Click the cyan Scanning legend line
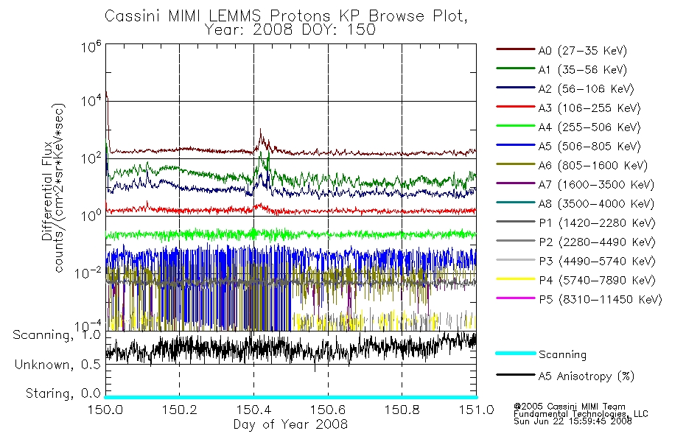coord(516,353)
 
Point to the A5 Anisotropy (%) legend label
coord(587,376)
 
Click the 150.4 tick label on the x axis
coord(254,410)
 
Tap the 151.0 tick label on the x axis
coord(476,410)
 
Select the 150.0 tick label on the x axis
coord(105,410)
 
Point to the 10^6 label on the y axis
coord(91,46)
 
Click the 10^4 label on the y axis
coord(91,101)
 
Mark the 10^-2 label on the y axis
coord(89,273)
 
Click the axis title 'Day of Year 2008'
coord(290,424)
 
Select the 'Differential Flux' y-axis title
coord(47,192)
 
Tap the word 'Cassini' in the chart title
coord(133,16)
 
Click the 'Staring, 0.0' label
coord(63,394)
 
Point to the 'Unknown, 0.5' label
coord(57,365)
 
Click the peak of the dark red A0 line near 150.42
coord(260,130)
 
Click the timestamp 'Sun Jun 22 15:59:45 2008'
coord(573,421)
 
